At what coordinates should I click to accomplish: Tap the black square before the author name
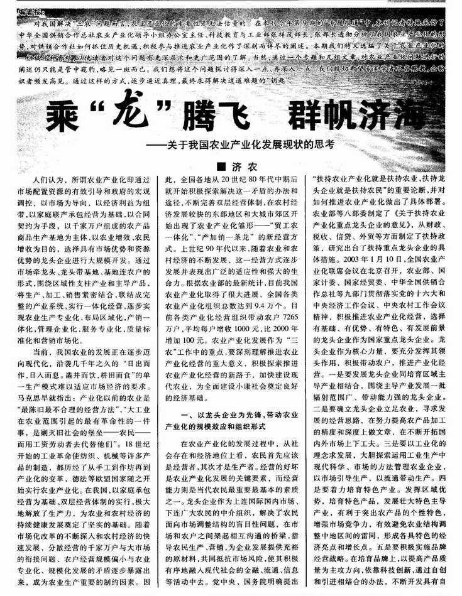pyautogui.click(x=221, y=167)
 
